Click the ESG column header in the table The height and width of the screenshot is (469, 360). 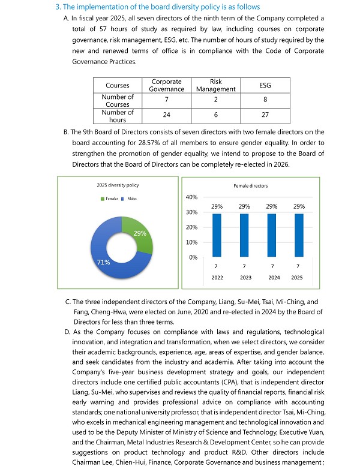(x=265, y=85)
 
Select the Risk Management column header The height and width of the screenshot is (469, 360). (x=215, y=85)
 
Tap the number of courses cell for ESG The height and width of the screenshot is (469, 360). (x=265, y=100)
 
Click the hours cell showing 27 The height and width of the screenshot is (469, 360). (x=265, y=115)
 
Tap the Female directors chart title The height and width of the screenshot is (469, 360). (x=251, y=186)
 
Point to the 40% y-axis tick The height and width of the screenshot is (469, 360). (x=192, y=197)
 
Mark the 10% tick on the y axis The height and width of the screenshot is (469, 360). (x=192, y=242)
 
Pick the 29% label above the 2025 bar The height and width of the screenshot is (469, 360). (x=299, y=206)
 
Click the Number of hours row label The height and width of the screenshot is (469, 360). (x=118, y=115)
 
